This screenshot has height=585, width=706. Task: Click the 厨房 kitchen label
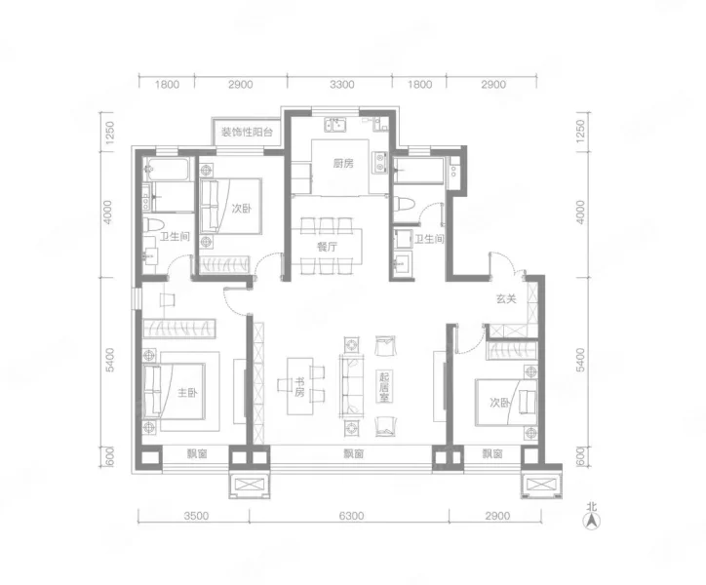click(x=343, y=163)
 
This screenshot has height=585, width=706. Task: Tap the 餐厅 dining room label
click(x=327, y=247)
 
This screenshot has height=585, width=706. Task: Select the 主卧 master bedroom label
click(x=187, y=393)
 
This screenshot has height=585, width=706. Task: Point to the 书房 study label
click(x=300, y=387)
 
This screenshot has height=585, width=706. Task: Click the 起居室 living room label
click(x=384, y=387)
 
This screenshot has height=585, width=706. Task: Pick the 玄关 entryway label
click(x=506, y=298)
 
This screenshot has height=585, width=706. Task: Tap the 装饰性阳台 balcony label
click(x=247, y=133)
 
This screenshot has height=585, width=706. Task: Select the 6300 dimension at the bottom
click(x=351, y=516)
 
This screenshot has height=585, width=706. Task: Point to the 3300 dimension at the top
click(x=341, y=84)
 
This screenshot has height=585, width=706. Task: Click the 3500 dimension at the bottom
click(x=196, y=516)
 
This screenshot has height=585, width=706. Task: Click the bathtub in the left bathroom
click(x=169, y=170)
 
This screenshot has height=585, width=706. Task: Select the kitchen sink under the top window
click(x=335, y=125)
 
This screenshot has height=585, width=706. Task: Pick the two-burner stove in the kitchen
click(x=379, y=162)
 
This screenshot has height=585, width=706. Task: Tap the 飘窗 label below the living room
click(x=354, y=454)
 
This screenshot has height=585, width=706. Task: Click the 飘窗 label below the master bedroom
click(x=197, y=454)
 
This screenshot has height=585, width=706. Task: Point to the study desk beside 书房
click(x=300, y=386)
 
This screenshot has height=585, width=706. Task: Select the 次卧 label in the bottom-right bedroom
click(x=500, y=402)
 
